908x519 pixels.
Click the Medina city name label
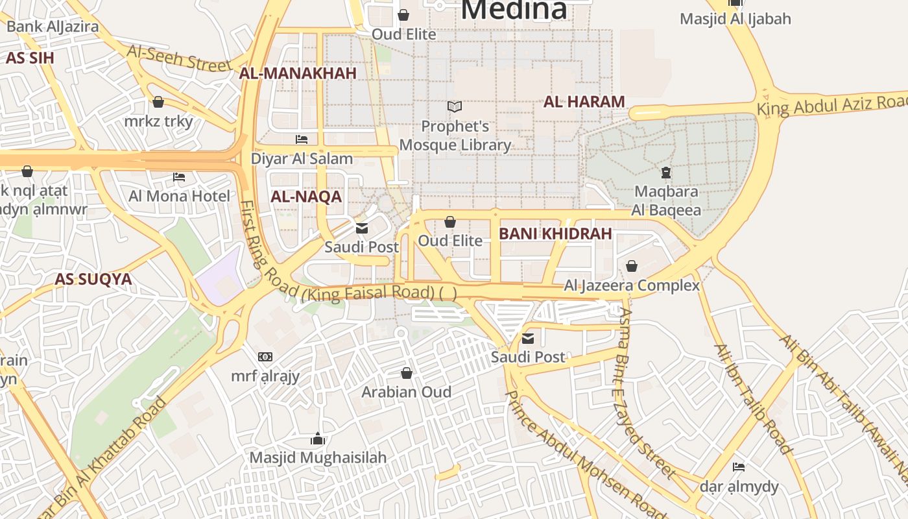point(514,9)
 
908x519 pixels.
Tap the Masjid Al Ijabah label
point(735,19)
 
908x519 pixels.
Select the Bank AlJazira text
point(53,27)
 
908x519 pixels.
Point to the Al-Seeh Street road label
point(179,58)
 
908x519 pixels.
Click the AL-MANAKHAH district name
point(298,73)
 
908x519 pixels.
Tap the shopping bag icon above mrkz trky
point(158,102)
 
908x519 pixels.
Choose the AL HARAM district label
point(584,102)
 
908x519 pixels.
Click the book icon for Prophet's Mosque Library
point(455,106)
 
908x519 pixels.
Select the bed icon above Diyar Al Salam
point(302,139)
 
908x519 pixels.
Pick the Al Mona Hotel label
point(179,196)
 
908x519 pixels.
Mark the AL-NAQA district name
point(305,197)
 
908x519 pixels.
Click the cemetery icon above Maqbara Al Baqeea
point(665,173)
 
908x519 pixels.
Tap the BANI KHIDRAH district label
point(555,234)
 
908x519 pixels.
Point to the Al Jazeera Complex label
point(632,285)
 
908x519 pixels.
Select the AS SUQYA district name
point(93,280)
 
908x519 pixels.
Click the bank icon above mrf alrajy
point(265,357)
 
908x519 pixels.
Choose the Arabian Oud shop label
point(406,392)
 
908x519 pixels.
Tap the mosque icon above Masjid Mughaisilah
point(317,439)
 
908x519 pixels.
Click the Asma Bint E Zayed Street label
point(645,392)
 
